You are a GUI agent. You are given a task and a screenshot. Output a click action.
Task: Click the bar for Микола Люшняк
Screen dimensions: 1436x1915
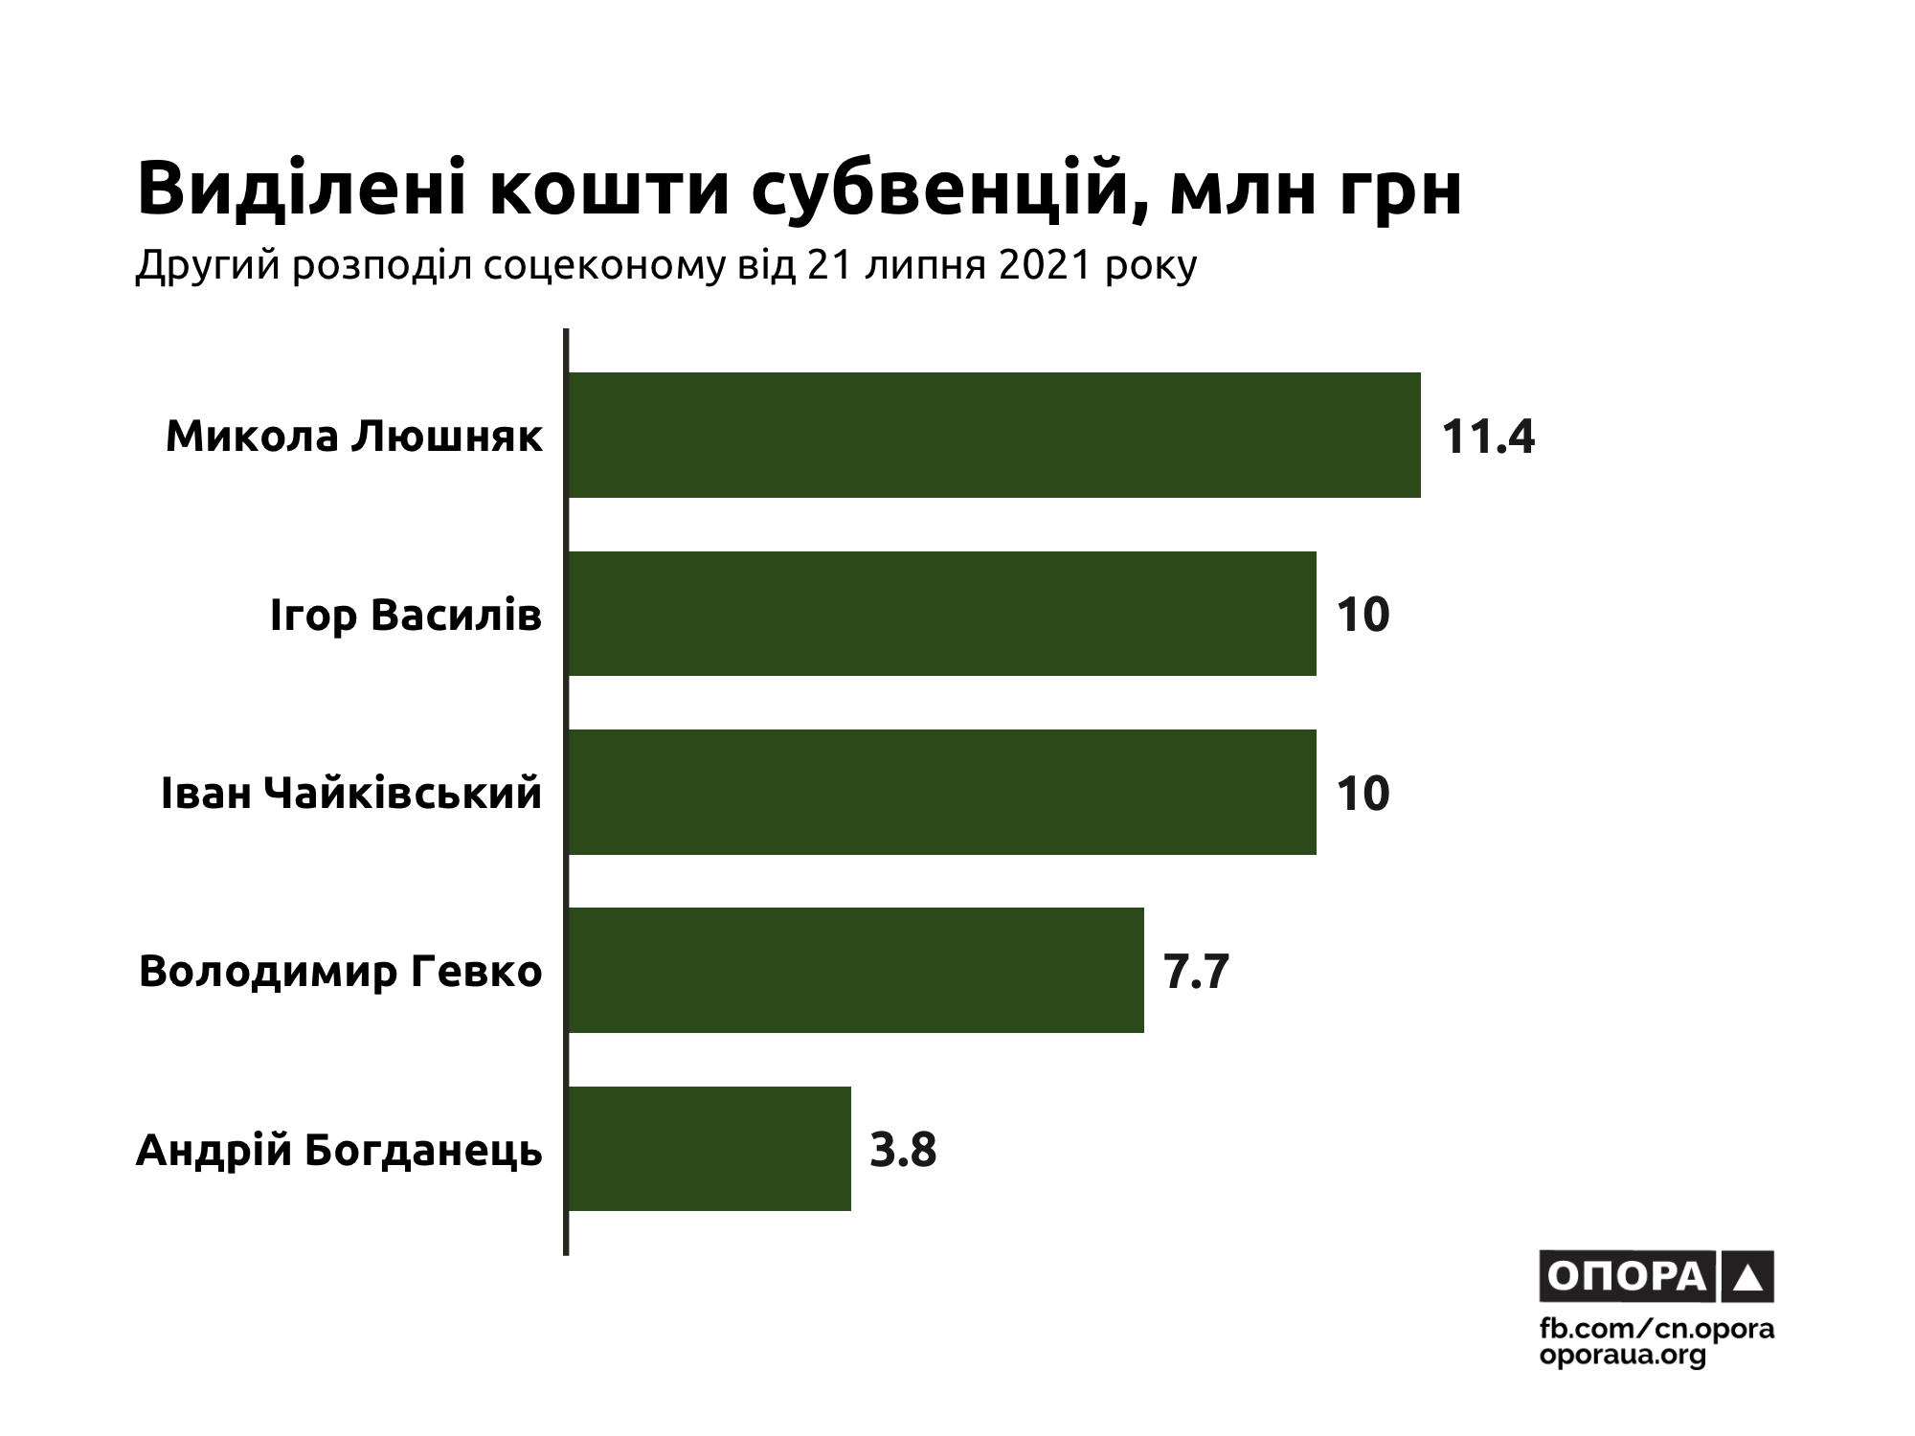click(994, 435)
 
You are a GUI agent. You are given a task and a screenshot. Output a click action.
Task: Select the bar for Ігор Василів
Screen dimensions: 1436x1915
click(942, 614)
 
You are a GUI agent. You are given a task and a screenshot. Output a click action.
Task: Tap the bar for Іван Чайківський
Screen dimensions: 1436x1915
click(942, 792)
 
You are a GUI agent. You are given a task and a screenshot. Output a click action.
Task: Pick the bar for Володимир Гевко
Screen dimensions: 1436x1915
click(856, 970)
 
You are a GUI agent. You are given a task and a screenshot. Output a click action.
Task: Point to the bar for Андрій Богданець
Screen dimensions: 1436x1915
click(710, 1149)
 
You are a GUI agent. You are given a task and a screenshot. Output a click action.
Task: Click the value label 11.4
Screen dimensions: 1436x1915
click(1488, 438)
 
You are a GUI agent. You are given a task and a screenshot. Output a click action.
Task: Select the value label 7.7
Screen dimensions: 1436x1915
click(1196, 972)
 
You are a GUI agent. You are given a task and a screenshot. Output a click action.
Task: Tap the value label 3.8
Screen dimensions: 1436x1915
click(903, 1150)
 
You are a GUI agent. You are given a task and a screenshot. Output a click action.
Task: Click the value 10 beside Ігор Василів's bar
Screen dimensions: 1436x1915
click(1363, 615)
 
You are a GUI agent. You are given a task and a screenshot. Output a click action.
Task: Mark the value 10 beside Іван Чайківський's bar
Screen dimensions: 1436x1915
click(1363, 794)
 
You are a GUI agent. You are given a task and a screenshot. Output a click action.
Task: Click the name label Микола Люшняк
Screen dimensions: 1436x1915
click(354, 437)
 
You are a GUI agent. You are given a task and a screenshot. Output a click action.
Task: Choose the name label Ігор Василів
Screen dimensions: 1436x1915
click(406, 616)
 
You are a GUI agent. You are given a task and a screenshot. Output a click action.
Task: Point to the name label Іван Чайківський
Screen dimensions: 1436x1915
click(351, 794)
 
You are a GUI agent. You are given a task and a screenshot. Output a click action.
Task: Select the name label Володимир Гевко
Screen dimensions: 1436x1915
click(341, 972)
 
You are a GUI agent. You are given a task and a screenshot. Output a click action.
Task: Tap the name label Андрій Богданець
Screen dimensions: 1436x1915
click(340, 1151)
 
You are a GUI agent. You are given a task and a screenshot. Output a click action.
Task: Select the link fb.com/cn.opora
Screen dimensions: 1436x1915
click(1656, 1330)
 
